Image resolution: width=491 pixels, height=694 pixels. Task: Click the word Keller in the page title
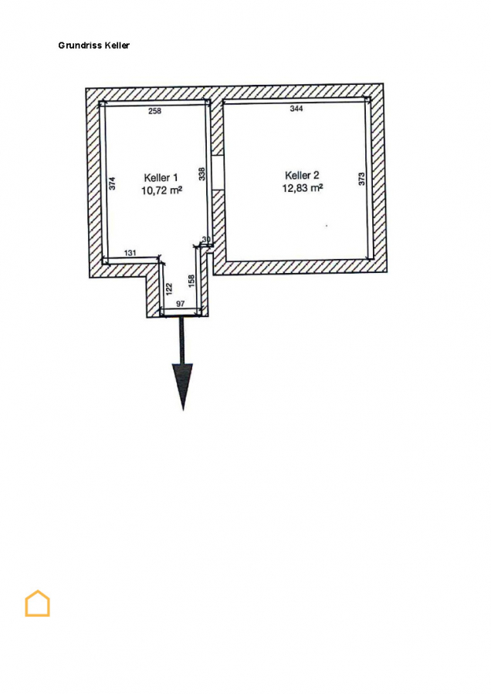[117, 45]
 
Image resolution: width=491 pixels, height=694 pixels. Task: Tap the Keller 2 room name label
[302, 175]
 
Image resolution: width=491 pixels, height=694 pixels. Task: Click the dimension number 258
[154, 112]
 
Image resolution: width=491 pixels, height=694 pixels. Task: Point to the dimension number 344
[296, 109]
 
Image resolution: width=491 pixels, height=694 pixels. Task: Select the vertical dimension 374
[113, 184]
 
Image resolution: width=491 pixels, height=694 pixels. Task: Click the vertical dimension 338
[201, 174]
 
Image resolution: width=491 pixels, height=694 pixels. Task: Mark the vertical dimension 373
[361, 179]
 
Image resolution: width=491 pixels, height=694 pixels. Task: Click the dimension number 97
[180, 305]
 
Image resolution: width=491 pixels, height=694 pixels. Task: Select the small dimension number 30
[206, 240]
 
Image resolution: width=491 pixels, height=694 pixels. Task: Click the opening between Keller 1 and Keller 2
[217, 171]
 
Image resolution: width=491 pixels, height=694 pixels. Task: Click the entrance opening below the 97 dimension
[181, 315]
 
